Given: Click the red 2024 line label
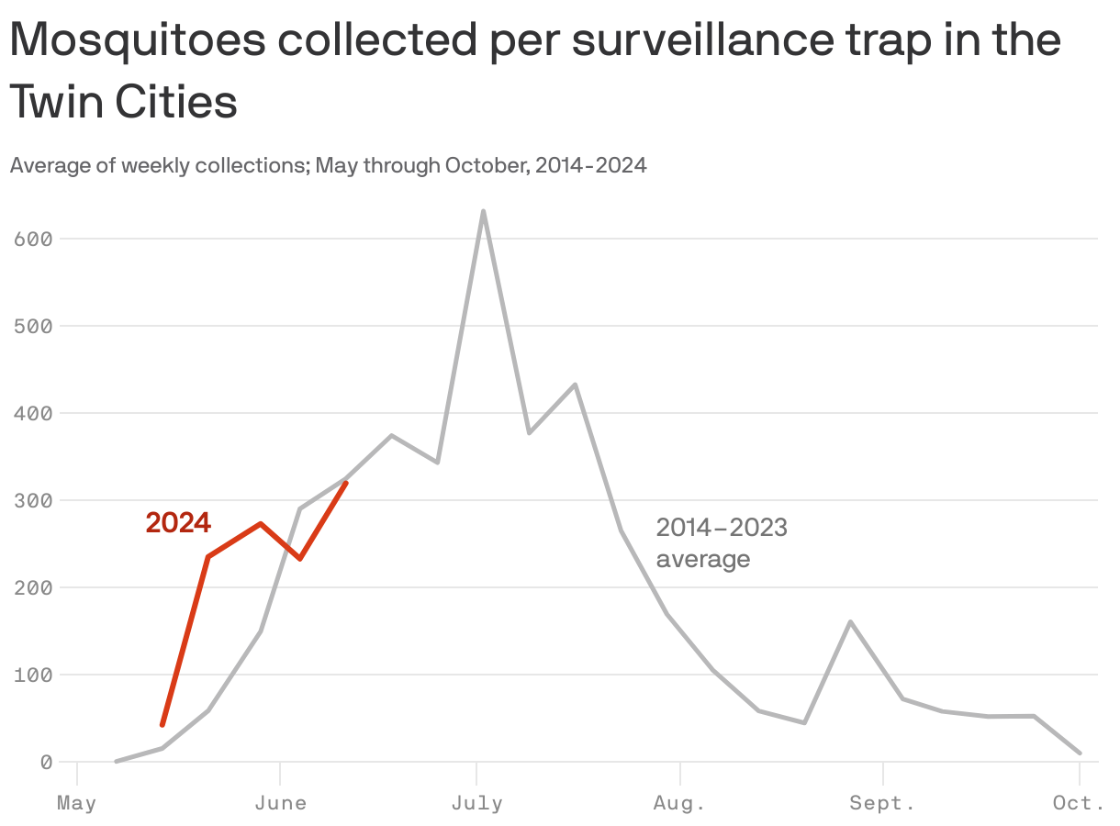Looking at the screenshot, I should [178, 523].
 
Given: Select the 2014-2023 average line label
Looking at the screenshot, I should [722, 542].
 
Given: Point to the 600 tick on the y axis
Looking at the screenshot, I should [34, 239].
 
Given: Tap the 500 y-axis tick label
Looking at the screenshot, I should [34, 326].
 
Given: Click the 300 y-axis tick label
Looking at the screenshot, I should [34, 500].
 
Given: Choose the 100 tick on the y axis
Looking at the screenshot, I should [34, 675].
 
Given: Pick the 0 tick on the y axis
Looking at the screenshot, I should [45, 762].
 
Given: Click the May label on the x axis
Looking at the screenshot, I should [76, 804].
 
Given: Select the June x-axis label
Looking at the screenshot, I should [280, 804].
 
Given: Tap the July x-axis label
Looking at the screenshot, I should [476, 804].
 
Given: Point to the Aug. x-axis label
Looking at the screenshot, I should [679, 804].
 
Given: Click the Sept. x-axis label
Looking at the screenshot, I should [882, 804].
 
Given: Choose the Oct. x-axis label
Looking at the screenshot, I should [1080, 804].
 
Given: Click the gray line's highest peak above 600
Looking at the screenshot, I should [483, 211].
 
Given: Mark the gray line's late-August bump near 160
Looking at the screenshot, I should [850, 622].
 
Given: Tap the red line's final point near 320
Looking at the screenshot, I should [346, 482].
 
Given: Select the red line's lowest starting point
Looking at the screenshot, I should [162, 725].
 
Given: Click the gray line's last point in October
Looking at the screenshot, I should [1080, 753].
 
